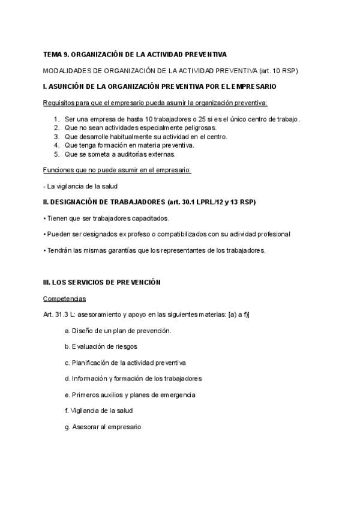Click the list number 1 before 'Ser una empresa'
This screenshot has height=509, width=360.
[x=56, y=119]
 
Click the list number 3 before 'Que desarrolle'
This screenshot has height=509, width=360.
[x=56, y=136]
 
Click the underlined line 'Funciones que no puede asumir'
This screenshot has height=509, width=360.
[x=117, y=170]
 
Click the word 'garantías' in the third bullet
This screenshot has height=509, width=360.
[x=118, y=250]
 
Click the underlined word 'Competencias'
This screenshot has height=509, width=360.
[x=65, y=298]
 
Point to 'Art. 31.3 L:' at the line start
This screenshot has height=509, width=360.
[x=59, y=315]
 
